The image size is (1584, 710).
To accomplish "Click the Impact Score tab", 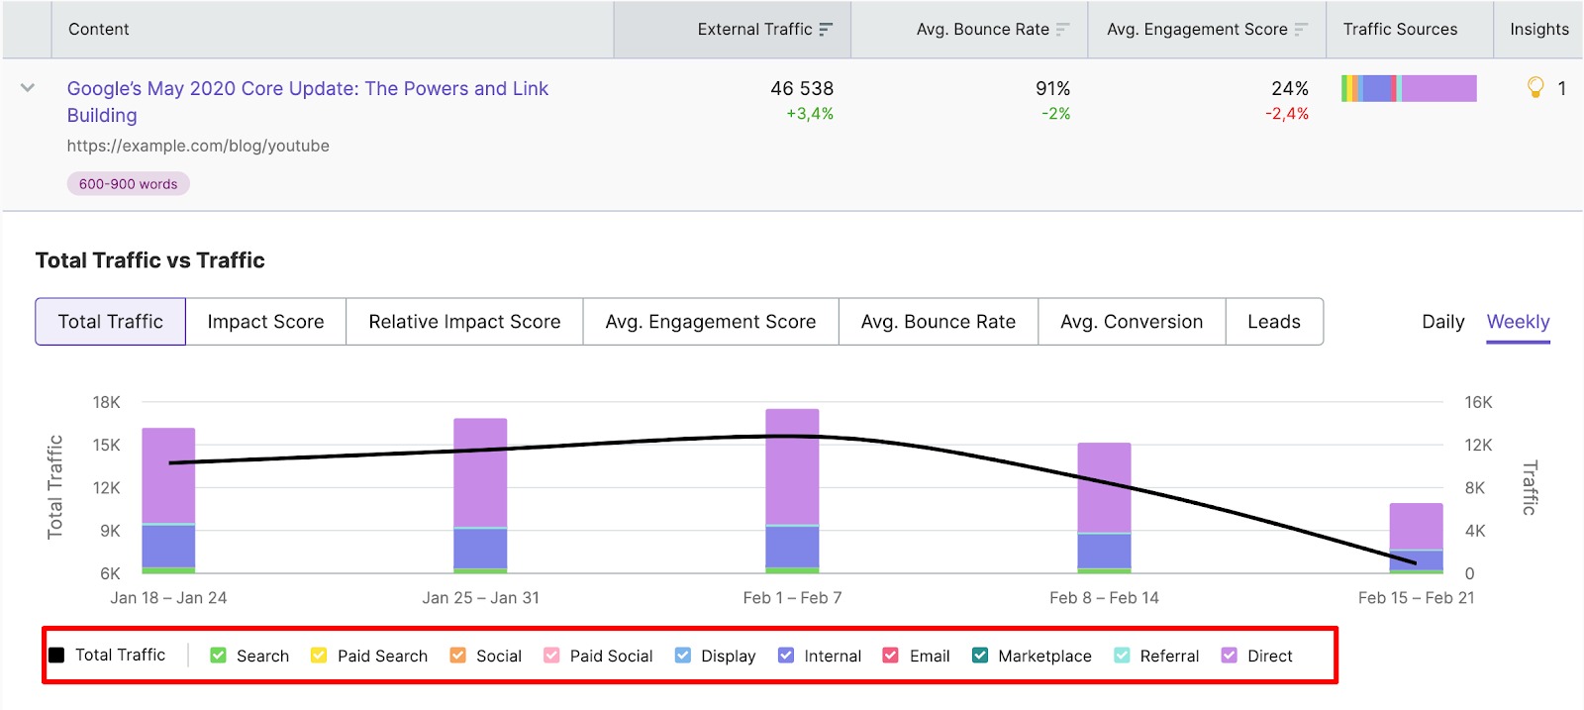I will coord(265,322).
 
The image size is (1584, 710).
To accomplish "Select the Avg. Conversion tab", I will coord(1131,322).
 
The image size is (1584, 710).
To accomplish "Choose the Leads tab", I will coord(1273,322).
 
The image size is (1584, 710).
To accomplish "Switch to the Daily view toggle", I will coord(1442,322).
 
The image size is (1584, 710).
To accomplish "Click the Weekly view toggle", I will coord(1518,322).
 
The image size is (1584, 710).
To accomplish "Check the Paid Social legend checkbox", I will coord(552,656).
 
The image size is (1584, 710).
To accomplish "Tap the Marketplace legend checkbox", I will coord(980,656).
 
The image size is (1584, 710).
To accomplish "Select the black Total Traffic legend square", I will coord(57,656).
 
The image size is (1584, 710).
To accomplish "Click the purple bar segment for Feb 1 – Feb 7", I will coord(792,465).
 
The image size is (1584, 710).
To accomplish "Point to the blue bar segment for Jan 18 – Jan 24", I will coord(168,546).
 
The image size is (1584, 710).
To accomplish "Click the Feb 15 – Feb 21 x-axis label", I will coord(1416,598).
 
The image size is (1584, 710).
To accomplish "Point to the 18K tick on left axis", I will coord(106,402).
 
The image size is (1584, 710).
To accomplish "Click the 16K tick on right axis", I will coord(1477,402).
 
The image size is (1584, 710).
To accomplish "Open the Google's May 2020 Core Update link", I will coord(307,89).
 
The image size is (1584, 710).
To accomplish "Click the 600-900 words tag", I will coord(129,184).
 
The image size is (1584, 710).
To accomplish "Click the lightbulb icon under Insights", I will coord(1535,88).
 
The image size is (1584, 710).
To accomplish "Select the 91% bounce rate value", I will coord(1052,89).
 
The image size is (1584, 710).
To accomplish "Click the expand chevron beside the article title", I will coord(28,88).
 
